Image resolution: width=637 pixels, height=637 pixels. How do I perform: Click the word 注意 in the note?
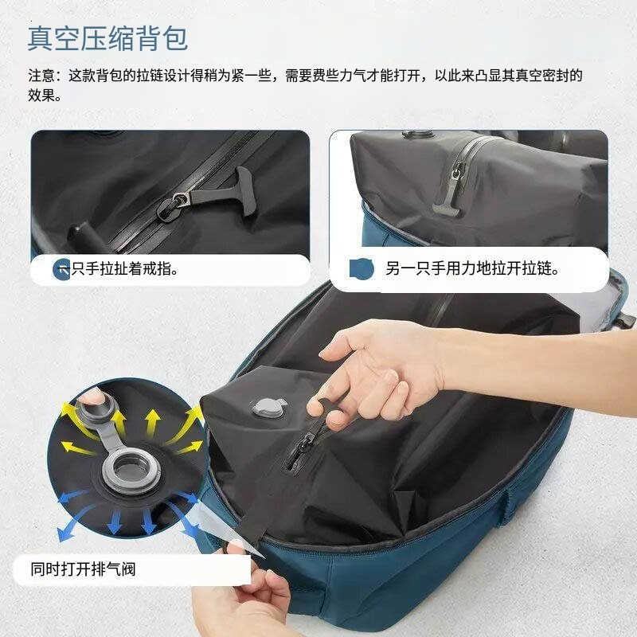coord(41,77)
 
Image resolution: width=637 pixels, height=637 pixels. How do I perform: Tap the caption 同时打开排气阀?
coord(88,569)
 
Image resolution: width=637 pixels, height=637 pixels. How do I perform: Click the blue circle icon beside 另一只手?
coord(361,269)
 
